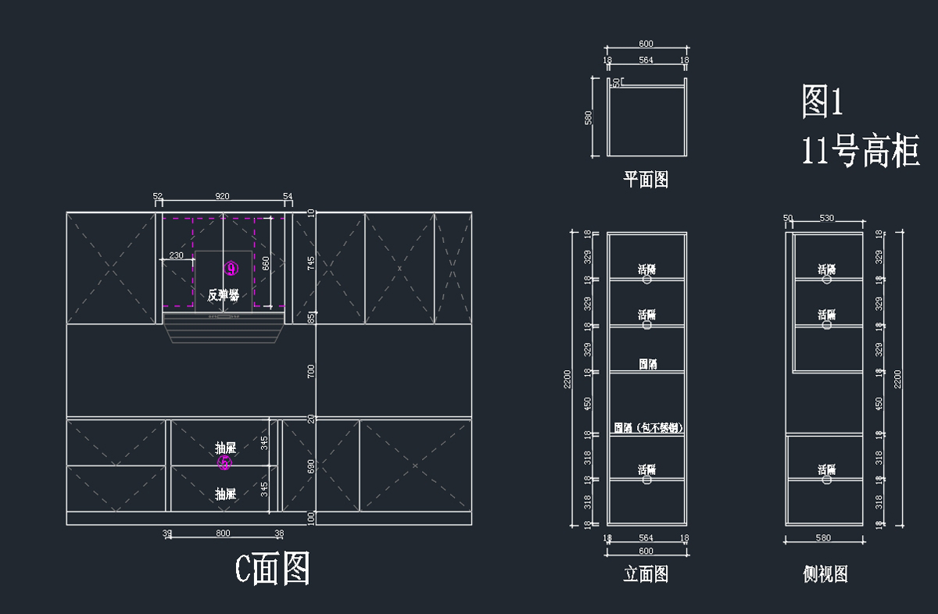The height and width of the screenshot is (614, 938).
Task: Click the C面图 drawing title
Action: point(273,569)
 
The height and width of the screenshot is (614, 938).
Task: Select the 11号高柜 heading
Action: point(861,150)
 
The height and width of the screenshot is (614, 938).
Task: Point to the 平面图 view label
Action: point(646,180)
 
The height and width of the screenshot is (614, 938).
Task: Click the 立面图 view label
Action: point(646,574)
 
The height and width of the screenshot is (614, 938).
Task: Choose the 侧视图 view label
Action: point(825,574)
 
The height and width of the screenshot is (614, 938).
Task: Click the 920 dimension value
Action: point(223,196)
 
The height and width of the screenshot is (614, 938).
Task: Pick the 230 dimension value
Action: point(177,255)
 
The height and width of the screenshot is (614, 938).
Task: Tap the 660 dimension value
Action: point(266,262)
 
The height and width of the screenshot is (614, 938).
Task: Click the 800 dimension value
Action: point(223,534)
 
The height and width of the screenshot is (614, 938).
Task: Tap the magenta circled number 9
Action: point(231,269)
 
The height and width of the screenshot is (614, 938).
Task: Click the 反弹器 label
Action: point(223,295)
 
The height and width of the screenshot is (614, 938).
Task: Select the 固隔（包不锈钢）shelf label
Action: point(648,428)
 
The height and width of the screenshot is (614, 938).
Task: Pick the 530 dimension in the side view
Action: point(827,218)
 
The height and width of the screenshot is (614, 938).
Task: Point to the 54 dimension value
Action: point(288,196)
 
